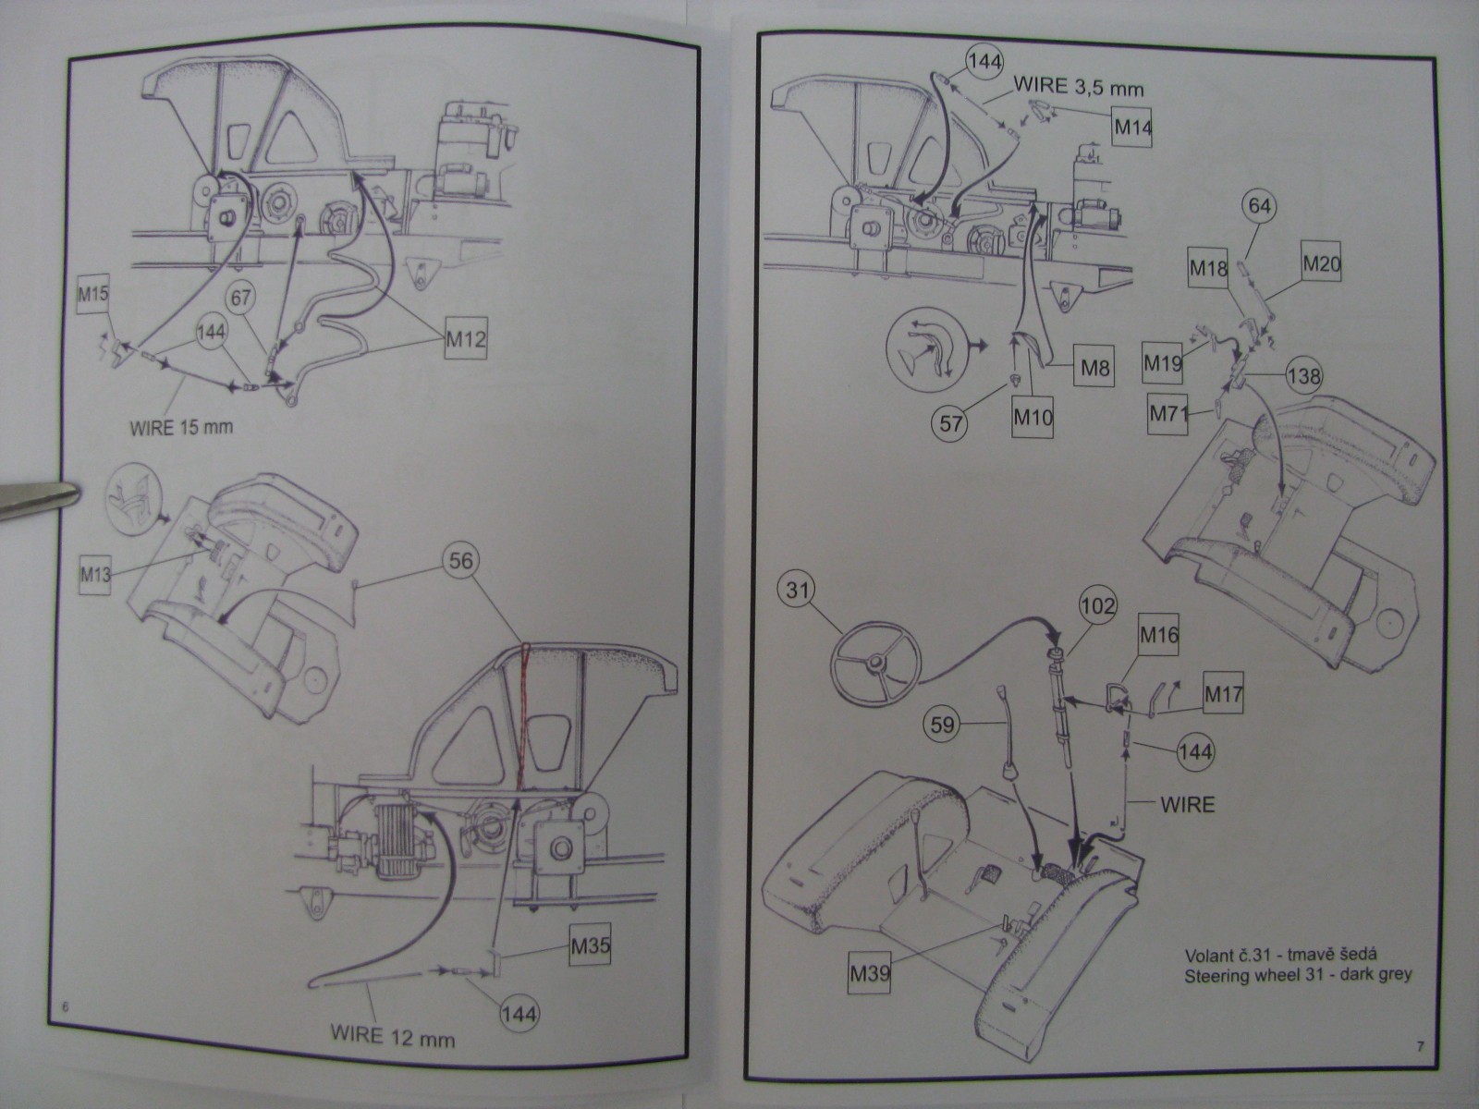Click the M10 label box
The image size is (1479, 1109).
tap(1032, 417)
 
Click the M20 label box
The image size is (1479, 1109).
tap(1321, 266)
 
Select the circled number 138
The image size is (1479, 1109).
tap(1302, 376)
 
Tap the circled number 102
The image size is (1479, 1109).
tap(1097, 607)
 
